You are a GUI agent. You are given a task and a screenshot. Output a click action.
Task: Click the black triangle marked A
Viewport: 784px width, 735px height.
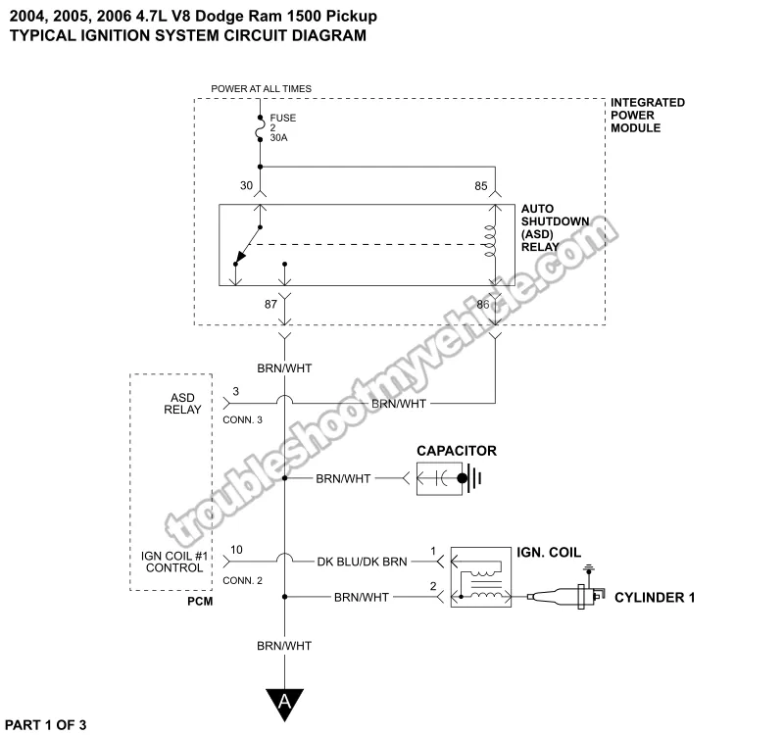[285, 701]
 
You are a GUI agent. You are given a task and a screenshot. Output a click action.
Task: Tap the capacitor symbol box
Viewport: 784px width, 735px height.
[447, 478]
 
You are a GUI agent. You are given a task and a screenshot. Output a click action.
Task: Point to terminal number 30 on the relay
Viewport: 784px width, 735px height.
[246, 184]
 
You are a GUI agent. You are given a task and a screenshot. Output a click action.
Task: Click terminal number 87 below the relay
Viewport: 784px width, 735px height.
[270, 305]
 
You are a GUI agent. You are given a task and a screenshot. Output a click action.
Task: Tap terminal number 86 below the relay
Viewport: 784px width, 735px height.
[482, 305]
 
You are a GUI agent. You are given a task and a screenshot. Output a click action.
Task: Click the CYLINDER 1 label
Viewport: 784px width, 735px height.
[654, 597]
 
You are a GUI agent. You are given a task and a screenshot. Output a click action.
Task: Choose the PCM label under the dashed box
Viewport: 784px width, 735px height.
[200, 600]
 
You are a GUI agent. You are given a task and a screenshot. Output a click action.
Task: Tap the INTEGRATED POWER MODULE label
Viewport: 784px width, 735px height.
[647, 116]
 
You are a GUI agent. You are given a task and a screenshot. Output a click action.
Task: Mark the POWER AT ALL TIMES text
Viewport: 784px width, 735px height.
[261, 89]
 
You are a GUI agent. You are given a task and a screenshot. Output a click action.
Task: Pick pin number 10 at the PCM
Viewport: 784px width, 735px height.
[236, 550]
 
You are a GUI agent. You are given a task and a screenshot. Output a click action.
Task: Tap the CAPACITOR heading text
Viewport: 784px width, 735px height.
[457, 451]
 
